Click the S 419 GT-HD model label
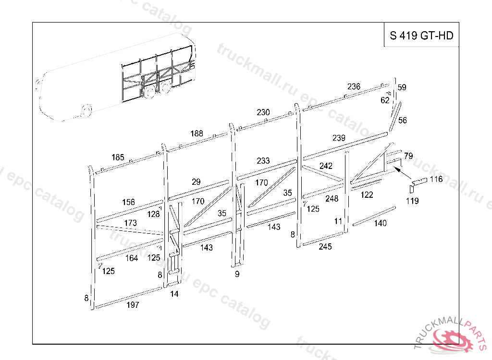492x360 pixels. point(421,35)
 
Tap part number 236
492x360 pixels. point(354,86)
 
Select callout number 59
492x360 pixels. point(402,87)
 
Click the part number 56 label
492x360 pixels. point(402,120)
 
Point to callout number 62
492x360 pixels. point(384,100)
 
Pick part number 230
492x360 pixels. point(263,112)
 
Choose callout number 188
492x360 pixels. point(197,133)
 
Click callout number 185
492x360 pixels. point(118,157)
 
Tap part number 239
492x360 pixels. point(339,138)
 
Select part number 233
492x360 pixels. point(263,161)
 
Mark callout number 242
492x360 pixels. point(326,166)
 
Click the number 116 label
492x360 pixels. point(436,179)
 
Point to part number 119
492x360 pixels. point(412,201)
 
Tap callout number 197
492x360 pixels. point(133,305)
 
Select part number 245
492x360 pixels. point(325,247)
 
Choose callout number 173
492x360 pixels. point(130,223)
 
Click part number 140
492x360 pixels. point(380,223)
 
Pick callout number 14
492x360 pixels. point(174,294)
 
